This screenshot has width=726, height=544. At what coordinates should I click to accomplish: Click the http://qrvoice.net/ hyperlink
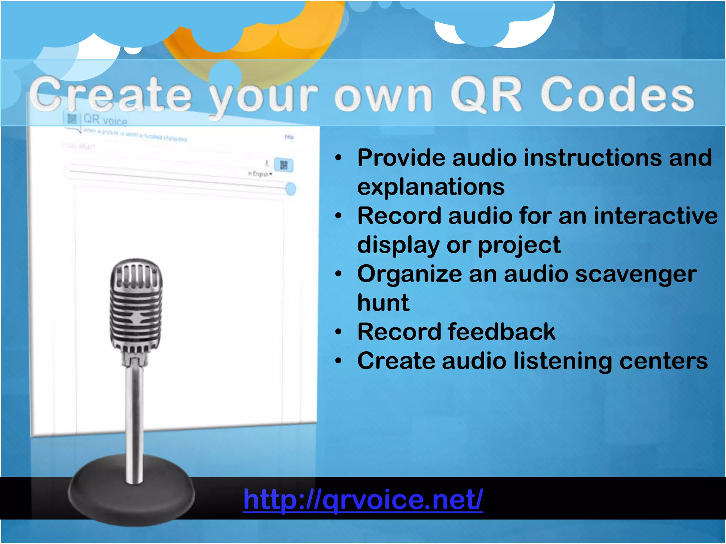363,500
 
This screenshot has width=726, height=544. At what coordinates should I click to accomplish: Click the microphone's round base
131,496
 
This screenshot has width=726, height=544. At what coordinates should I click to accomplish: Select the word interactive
655,216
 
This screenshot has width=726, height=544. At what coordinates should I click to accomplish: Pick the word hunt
383,303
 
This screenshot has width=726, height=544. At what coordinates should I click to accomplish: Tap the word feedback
502,332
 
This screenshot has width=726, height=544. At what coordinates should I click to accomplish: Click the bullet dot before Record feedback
339,332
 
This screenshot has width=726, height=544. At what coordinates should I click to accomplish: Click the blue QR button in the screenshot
284,165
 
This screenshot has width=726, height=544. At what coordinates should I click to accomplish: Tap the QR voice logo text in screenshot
105,120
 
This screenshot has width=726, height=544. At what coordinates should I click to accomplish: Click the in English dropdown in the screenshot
260,174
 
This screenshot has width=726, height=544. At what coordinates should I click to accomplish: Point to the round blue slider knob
291,189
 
